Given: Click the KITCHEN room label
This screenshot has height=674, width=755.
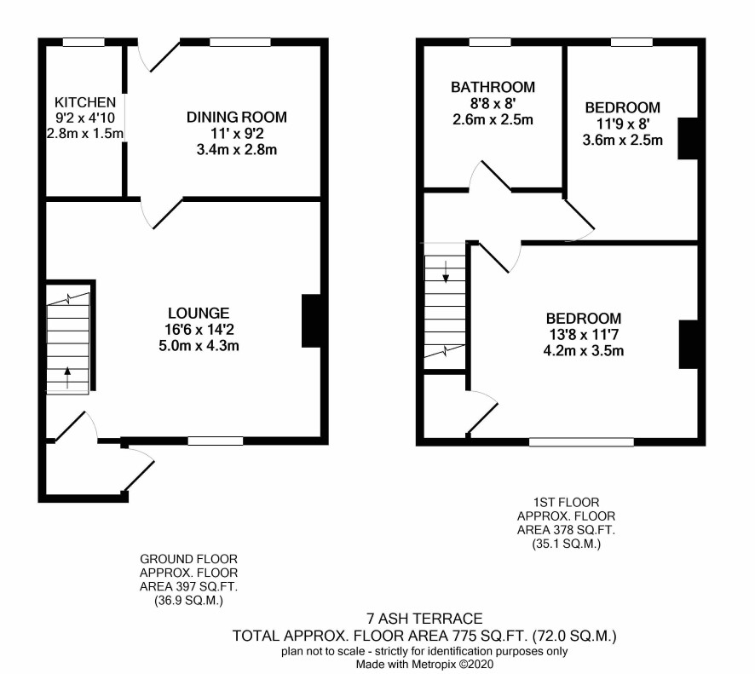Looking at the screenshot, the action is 85,102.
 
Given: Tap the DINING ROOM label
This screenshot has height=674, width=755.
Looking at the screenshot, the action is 236,117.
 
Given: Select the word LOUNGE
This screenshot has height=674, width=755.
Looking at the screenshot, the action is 199,313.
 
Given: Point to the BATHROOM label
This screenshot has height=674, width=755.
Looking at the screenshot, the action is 493,87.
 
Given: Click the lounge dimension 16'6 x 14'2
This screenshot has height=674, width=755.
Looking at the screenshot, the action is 199,329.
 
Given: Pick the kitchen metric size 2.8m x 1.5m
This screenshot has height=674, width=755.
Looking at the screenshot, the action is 84,134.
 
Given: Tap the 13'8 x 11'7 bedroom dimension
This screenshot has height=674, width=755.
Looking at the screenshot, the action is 584,334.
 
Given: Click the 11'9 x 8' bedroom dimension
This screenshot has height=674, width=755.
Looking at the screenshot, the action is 623,124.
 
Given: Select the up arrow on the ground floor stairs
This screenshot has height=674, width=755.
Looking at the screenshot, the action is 67,377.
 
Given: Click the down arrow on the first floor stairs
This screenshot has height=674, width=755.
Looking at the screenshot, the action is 446,272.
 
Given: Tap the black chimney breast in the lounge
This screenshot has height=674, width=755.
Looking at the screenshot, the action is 311,320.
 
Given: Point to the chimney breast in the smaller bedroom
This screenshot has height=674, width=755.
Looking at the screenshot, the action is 688,138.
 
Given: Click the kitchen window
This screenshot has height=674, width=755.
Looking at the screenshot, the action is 84,43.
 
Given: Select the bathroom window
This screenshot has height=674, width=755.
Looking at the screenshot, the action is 490,43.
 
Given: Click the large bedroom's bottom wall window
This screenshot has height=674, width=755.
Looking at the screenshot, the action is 582,441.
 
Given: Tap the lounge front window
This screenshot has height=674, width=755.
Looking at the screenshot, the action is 216,441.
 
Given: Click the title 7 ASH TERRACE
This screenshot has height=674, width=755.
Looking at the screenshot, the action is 424,618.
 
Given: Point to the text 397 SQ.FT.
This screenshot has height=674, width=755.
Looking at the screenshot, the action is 210,586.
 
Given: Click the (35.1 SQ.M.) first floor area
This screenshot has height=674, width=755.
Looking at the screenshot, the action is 566,544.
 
